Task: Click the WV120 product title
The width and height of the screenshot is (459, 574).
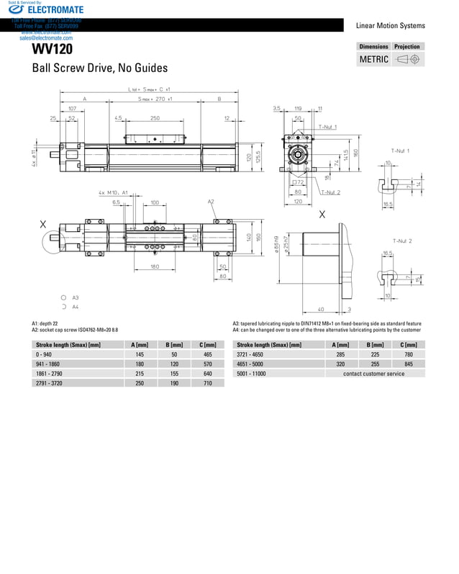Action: [x=52, y=50]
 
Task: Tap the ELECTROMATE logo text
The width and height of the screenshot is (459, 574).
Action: [x=55, y=9]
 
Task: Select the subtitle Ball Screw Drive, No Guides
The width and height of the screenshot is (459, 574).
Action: [x=99, y=68]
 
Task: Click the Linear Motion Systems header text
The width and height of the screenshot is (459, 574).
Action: [x=390, y=26]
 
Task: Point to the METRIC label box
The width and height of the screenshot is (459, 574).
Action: [x=374, y=59]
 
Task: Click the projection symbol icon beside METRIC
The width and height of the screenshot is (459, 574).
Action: [x=408, y=59]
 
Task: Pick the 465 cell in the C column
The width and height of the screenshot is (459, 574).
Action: [x=208, y=355]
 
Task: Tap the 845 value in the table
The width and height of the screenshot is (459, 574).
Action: [x=409, y=364]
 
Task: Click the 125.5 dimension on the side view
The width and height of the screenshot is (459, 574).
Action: [x=258, y=156]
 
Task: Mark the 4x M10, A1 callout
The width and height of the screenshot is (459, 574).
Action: [x=113, y=193]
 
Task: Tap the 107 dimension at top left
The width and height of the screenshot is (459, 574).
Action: [x=73, y=108]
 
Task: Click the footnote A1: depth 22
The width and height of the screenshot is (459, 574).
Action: [x=45, y=323]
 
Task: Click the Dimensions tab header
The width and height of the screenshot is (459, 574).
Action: [x=374, y=46]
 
